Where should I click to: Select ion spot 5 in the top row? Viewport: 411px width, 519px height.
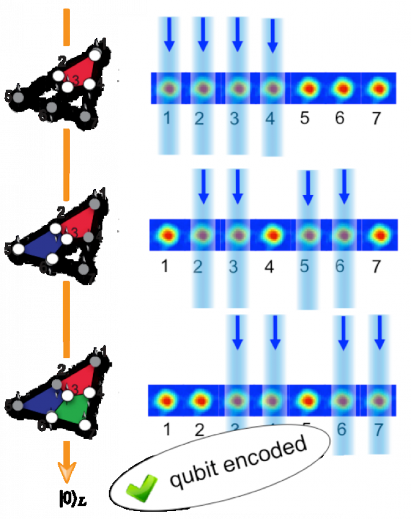pyautogui.click(x=308, y=89)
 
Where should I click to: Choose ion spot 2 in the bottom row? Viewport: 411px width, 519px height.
pyautogui.click(x=200, y=399)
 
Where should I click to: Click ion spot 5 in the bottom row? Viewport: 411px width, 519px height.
pyautogui.click(x=307, y=399)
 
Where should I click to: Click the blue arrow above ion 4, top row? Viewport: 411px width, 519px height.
pyautogui.click(x=272, y=35)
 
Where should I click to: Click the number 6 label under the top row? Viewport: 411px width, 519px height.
pyautogui.click(x=341, y=119)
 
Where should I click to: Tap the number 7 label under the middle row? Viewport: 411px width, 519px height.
pyautogui.click(x=375, y=266)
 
